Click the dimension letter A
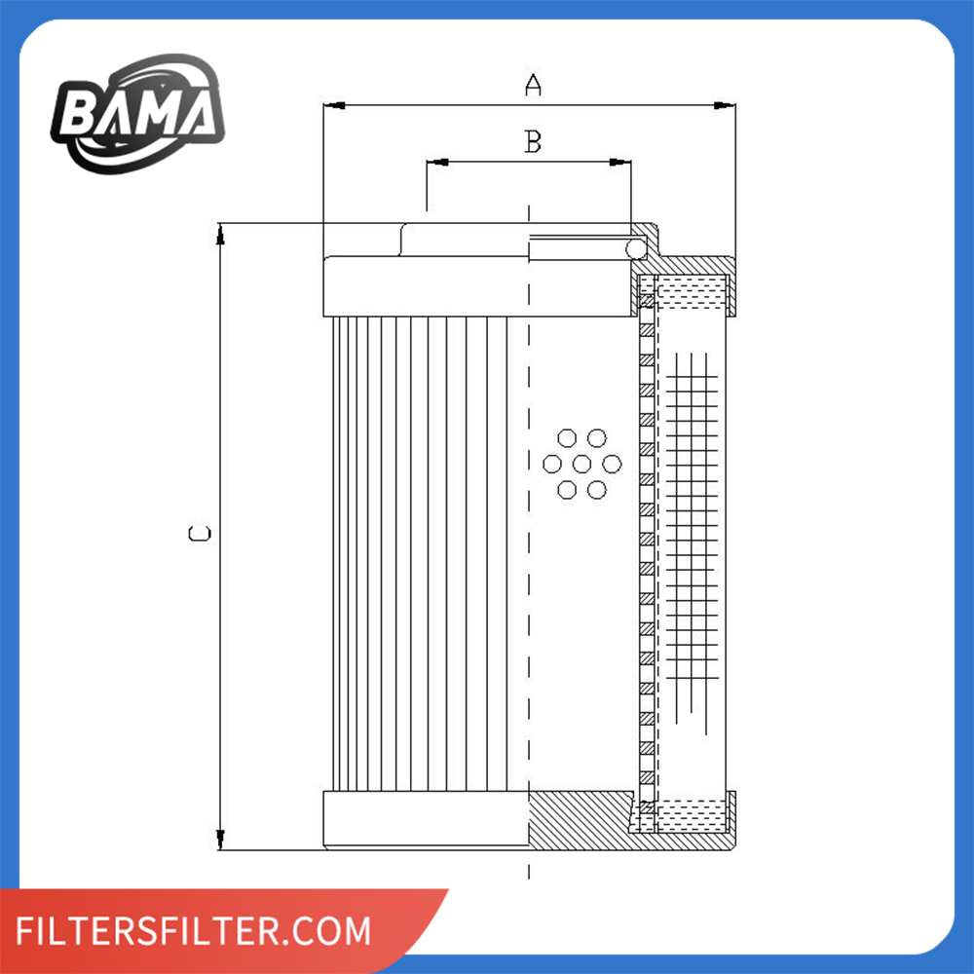tap(533, 86)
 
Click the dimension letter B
tap(533, 142)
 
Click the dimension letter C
tap(200, 534)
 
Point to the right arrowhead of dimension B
tap(618, 162)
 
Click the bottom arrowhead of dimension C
tap(221, 839)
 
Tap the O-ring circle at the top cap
tap(636, 250)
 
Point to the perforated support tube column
tap(644, 545)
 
